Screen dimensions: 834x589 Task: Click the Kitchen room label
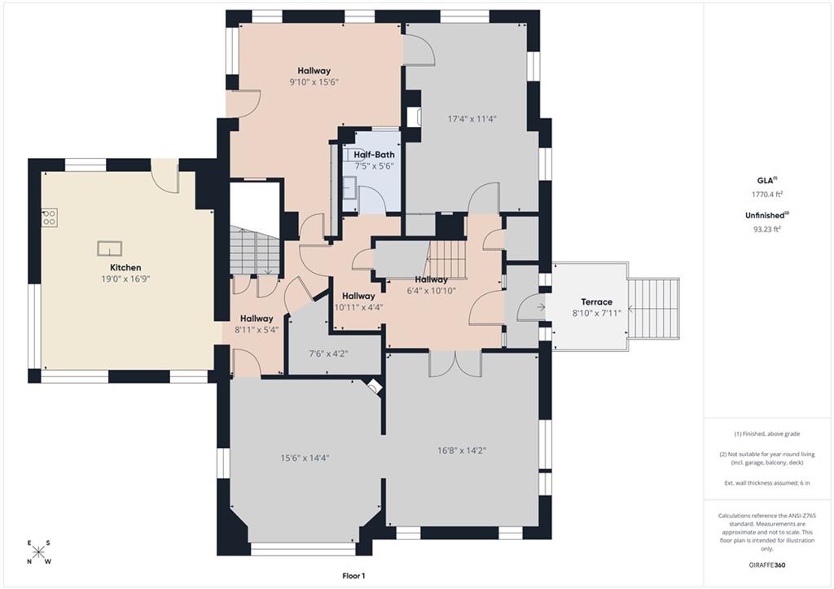pos(125,268)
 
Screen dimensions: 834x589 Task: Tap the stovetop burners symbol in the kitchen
pos(50,217)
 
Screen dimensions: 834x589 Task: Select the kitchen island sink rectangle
pos(110,248)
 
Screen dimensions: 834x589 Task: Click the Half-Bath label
pos(375,155)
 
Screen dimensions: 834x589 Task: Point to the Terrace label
pos(596,301)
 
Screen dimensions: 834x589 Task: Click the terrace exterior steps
pos(654,308)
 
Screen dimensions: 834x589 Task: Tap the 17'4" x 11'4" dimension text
pos(472,119)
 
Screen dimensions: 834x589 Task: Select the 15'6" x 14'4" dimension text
pos(305,458)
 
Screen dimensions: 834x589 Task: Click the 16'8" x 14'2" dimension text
pos(462,451)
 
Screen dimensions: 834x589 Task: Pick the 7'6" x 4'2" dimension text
pos(329,354)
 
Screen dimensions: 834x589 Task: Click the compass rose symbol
pos(38,552)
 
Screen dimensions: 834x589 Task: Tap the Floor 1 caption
pos(353,576)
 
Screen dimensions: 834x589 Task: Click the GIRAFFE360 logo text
pos(766,565)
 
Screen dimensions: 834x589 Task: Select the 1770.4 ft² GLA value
pos(767,194)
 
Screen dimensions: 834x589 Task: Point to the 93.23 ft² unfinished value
pos(767,229)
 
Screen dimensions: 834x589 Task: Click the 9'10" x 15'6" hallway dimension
pos(314,82)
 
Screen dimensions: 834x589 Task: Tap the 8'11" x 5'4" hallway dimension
pos(257,329)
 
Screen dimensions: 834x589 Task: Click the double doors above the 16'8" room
pos(455,364)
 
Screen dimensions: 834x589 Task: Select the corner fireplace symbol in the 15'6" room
pos(375,386)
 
